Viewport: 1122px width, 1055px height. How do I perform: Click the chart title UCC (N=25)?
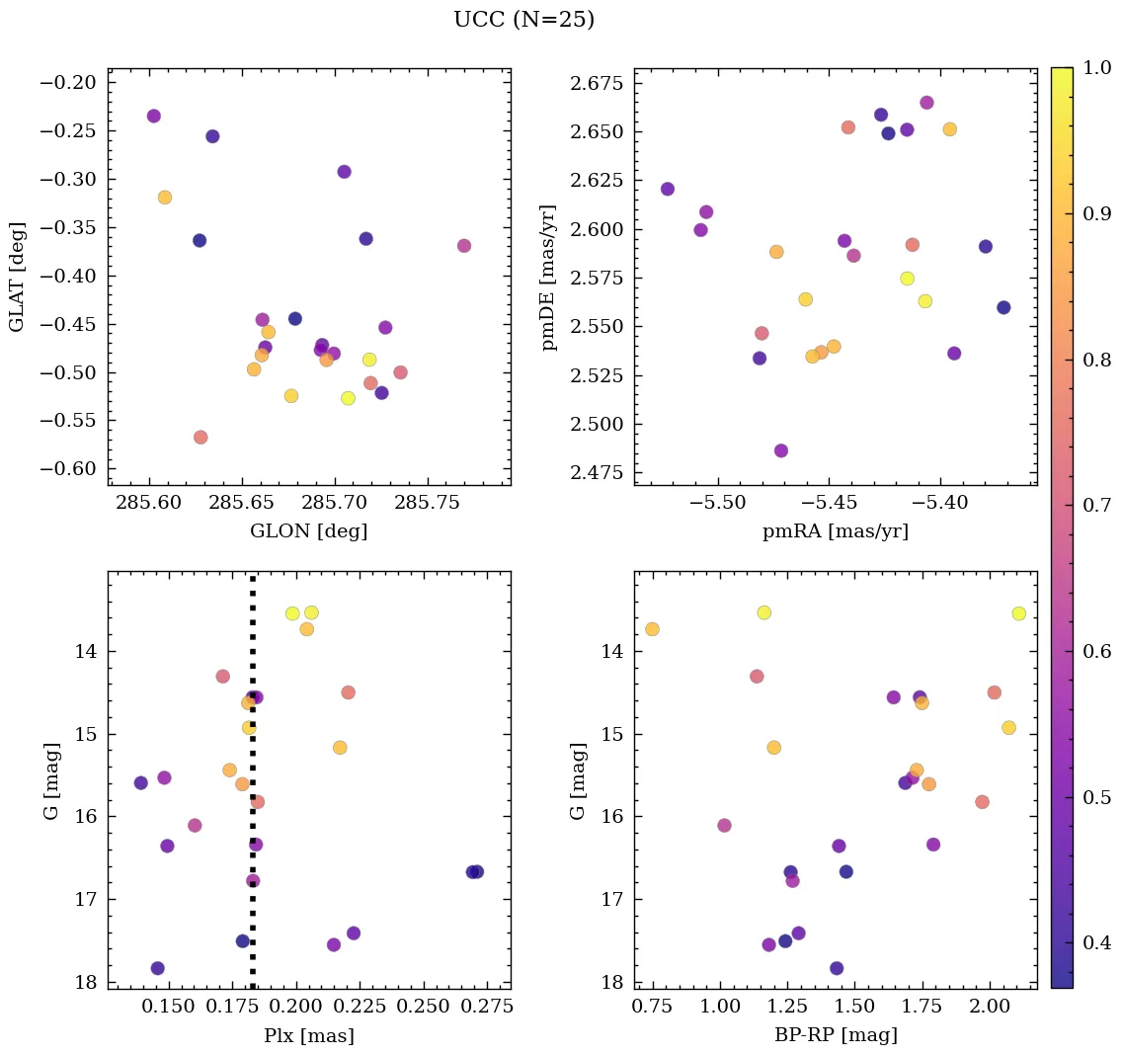pos(523,20)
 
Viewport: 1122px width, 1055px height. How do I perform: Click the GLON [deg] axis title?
pos(308,531)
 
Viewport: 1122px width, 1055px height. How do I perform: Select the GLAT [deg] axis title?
pos(17,276)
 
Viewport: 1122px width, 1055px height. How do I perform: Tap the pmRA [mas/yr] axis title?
pos(835,531)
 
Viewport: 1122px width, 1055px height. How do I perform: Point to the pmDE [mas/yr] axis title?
pos(549,277)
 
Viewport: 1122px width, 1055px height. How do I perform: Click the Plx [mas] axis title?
pos(308,1036)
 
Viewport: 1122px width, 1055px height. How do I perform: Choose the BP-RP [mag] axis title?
pos(835,1036)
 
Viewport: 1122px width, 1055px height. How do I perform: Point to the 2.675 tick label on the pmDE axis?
pos(598,83)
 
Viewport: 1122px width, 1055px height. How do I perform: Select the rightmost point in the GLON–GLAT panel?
pos(464,246)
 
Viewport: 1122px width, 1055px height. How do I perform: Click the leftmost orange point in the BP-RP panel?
pos(652,629)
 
